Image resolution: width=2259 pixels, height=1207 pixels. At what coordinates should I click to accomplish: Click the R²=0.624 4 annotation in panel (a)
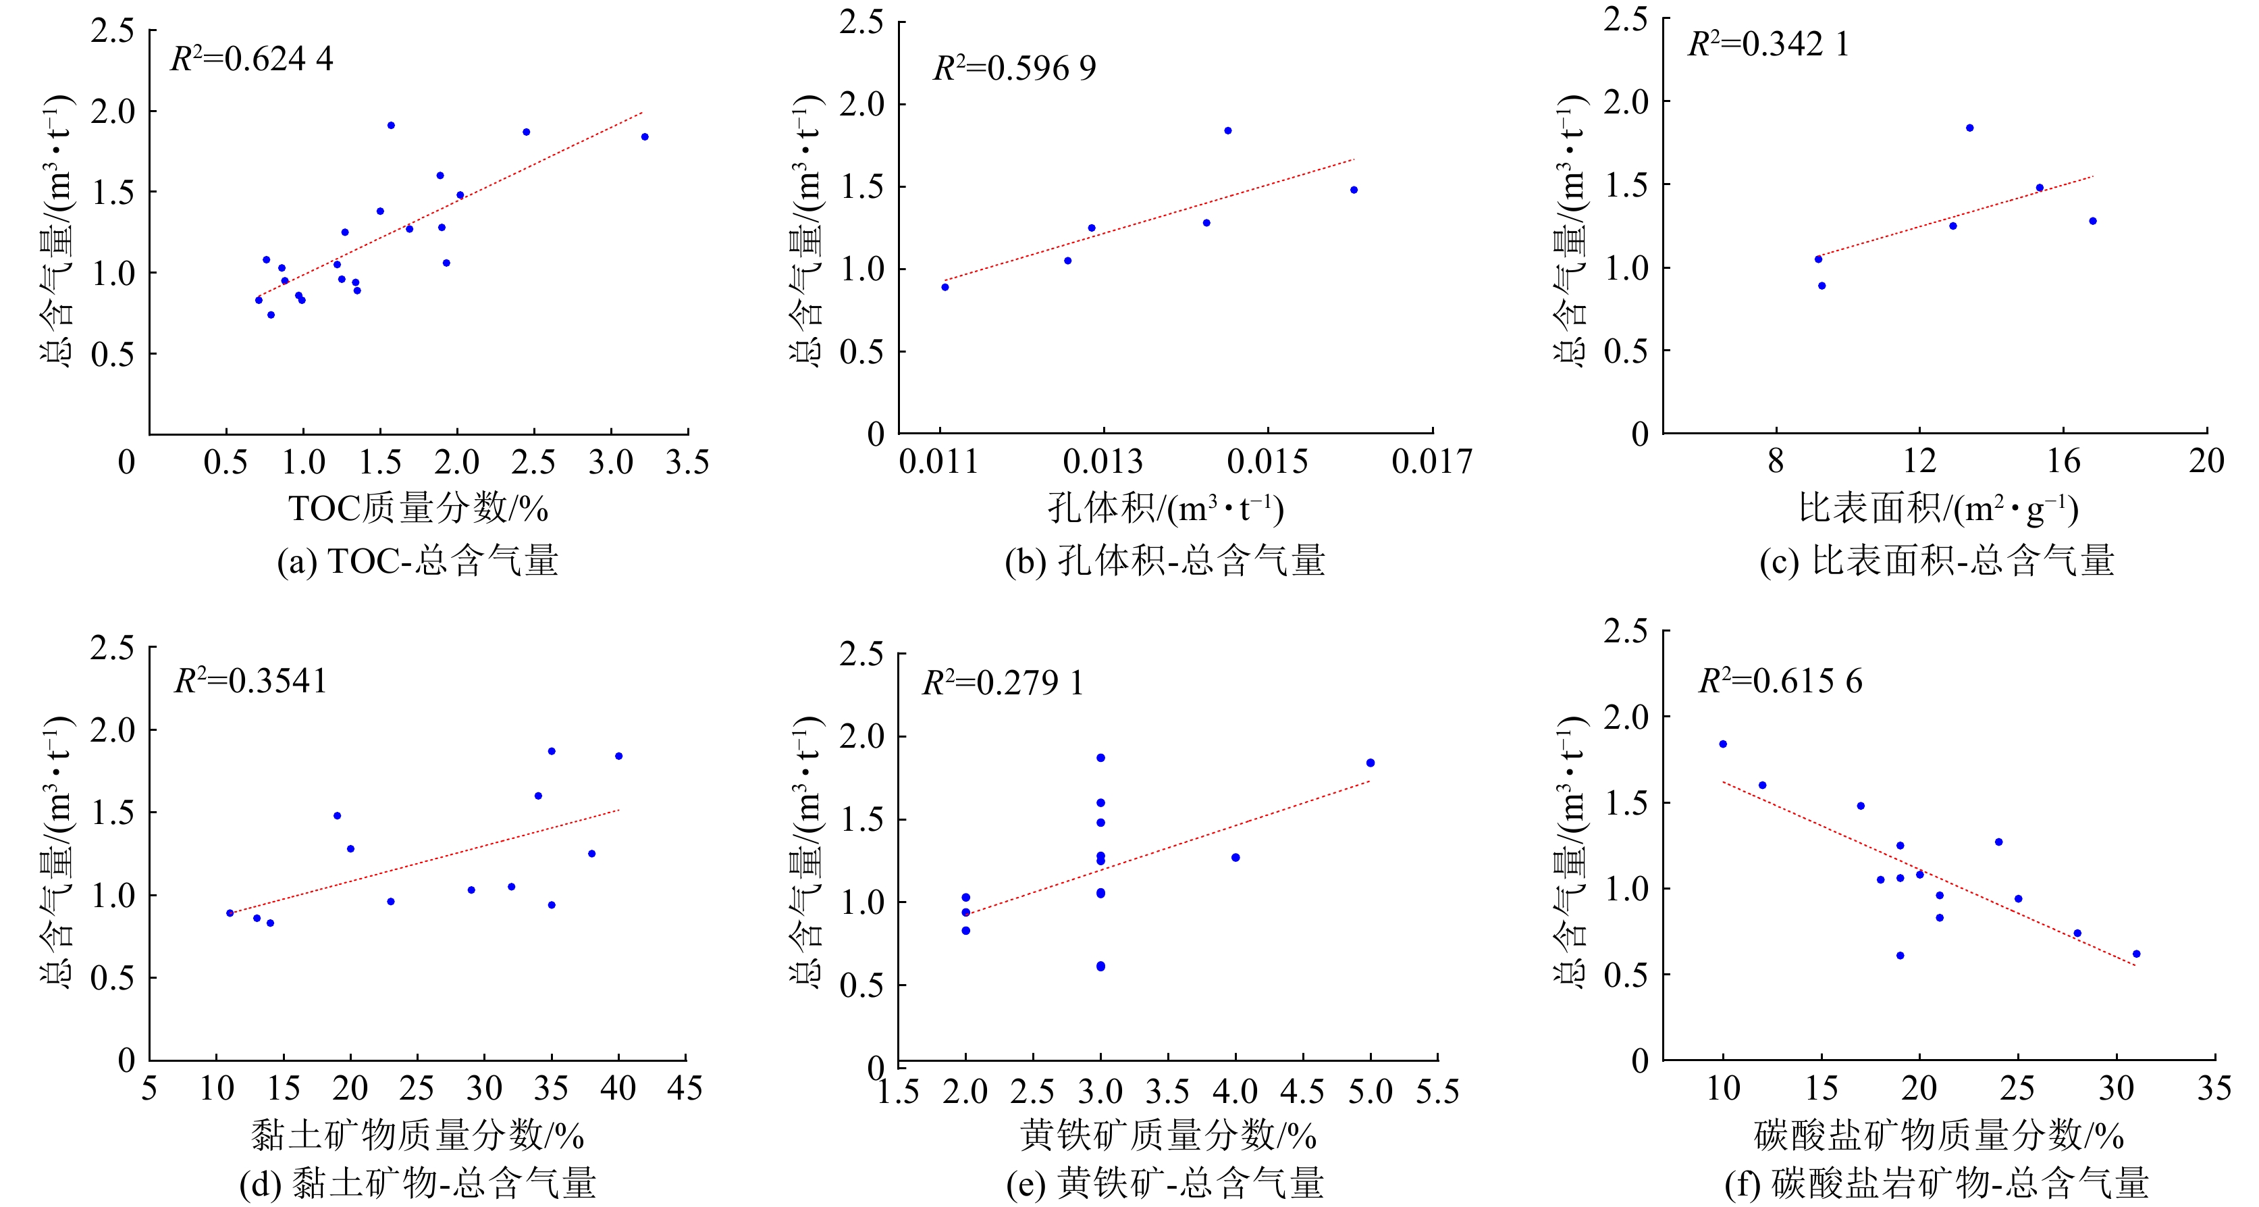pos(252,59)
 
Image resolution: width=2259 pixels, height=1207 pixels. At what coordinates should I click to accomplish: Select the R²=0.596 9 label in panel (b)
pos(1015,68)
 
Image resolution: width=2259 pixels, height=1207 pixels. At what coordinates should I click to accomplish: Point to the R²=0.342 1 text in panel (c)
pos(1768,44)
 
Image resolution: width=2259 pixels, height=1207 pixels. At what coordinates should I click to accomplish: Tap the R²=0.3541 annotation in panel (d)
pos(250,681)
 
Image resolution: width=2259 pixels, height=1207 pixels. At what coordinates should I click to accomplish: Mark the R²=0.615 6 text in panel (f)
pos(1780,681)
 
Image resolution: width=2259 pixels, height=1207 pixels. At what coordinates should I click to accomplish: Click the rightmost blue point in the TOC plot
pos(645,137)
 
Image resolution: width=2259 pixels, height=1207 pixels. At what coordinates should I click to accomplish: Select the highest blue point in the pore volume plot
pos(1227,131)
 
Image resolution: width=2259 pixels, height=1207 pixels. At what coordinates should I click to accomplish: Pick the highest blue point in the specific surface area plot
pos(1969,128)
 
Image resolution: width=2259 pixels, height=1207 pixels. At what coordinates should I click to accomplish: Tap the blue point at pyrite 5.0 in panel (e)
pos(1371,763)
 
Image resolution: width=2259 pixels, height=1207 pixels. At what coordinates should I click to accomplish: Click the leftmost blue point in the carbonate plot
pos(1723,744)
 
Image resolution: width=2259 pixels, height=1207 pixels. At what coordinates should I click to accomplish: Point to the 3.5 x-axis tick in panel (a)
pos(687,462)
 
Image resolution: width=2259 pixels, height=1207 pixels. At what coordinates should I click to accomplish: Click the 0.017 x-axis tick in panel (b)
pos(1432,461)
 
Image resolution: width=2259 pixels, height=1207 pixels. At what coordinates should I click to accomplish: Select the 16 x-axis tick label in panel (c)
pos(2063,461)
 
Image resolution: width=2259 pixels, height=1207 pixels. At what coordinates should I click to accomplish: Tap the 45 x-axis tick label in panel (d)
pos(685,1089)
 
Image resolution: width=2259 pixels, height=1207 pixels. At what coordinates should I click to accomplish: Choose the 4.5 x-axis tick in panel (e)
pos(1302,1092)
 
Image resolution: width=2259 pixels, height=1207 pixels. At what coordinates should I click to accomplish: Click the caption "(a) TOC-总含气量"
pos(417,561)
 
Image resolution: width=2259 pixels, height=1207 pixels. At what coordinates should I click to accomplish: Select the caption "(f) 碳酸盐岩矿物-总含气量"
pos(1936,1183)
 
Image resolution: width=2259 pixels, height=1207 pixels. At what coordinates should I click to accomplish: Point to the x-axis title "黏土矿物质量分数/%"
pos(417,1135)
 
